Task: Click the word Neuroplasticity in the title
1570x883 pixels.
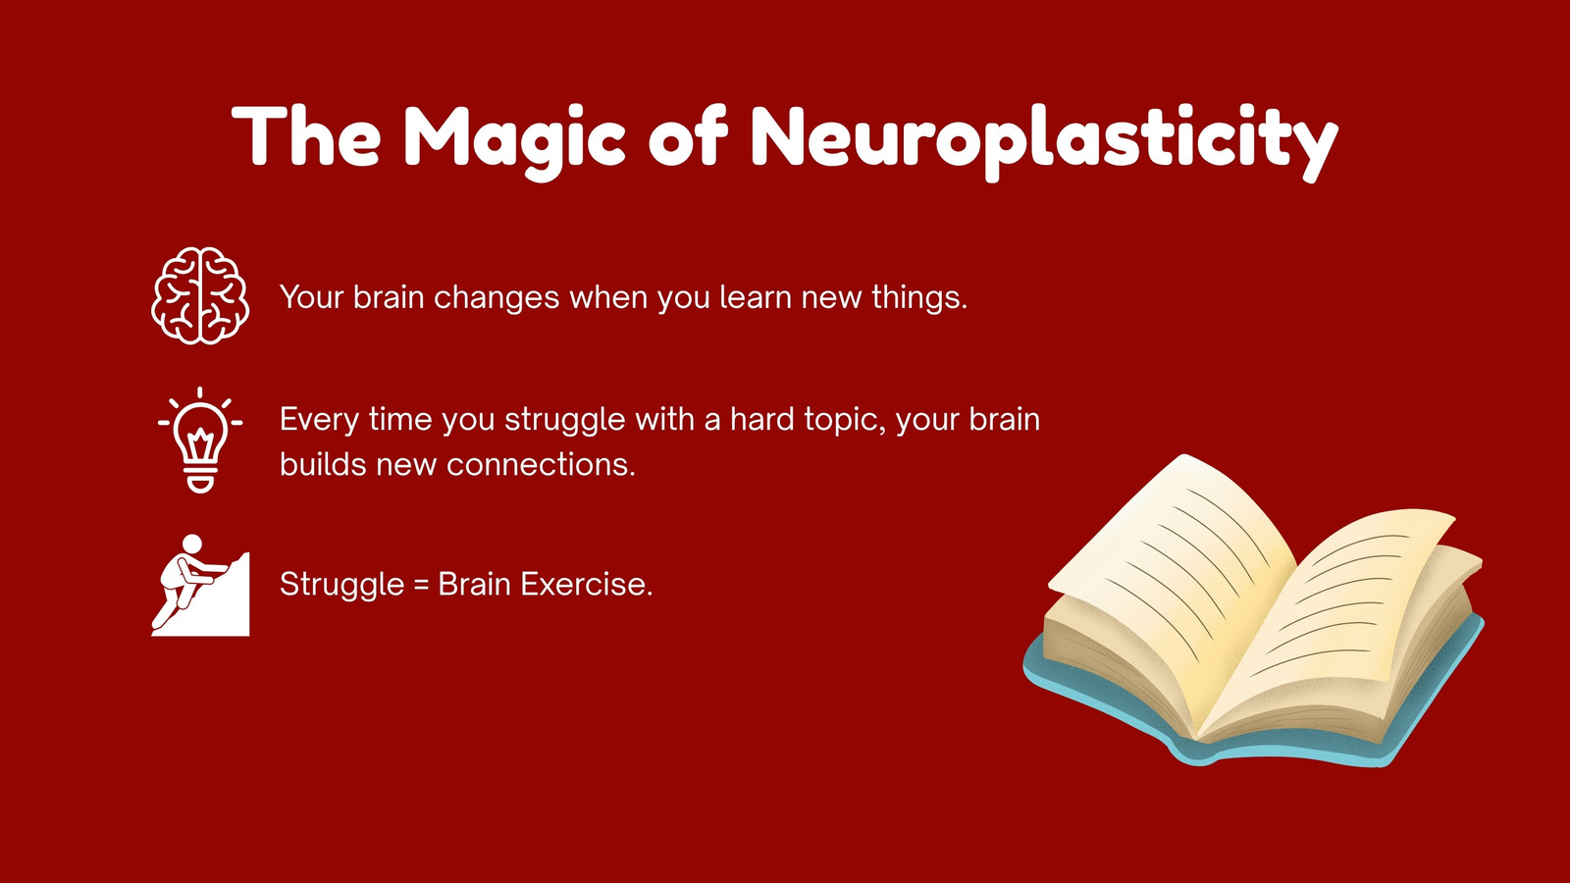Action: tap(1044, 141)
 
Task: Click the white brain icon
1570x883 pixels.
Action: tap(200, 295)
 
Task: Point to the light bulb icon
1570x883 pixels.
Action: tap(200, 441)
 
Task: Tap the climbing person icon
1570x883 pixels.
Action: tap(200, 586)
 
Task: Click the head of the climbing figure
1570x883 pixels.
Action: tap(191, 545)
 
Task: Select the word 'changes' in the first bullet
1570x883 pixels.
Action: tap(497, 298)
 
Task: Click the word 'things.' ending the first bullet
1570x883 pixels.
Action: tap(919, 298)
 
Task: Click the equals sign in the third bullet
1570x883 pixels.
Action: tap(421, 585)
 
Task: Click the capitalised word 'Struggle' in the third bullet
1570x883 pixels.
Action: tap(342, 585)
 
